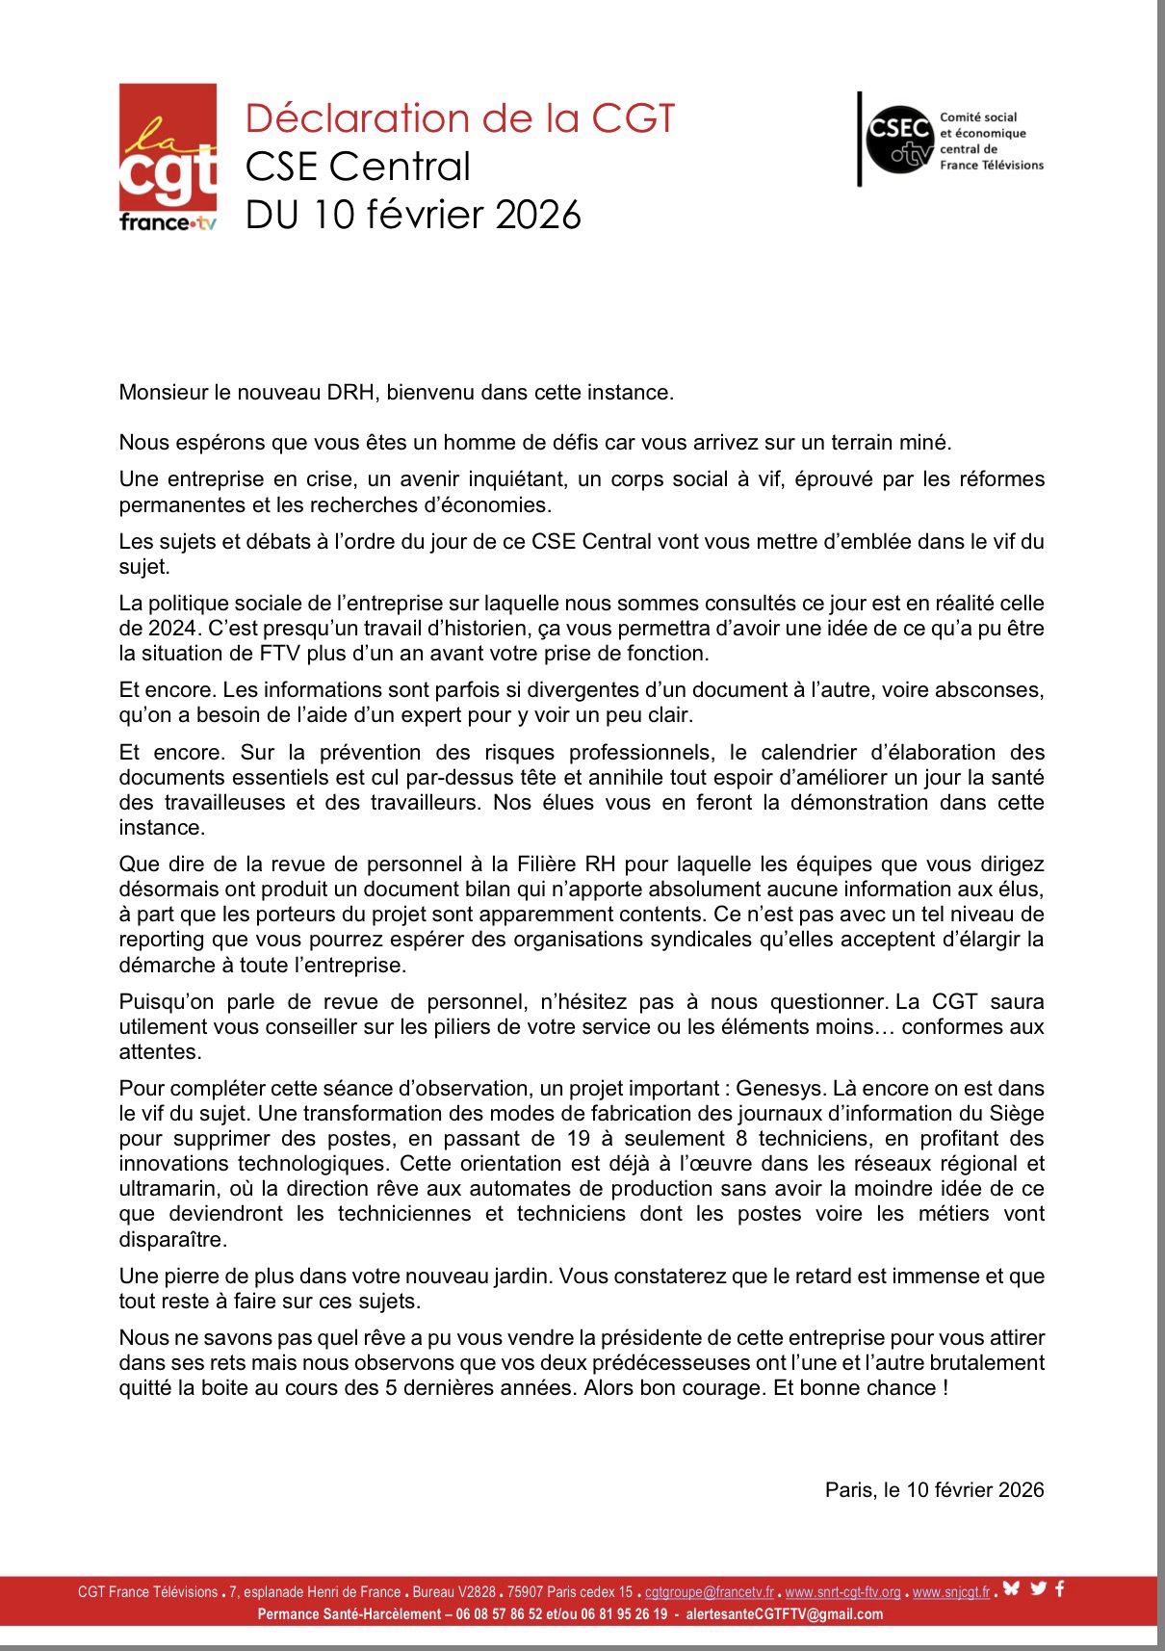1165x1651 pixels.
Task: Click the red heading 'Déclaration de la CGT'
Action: [460, 118]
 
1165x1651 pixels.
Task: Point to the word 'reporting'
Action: [162, 940]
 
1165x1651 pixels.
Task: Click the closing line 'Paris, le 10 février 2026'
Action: [934, 1490]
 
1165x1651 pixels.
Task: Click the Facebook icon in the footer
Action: [1060, 1588]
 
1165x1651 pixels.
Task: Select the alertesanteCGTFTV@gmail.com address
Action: [784, 1614]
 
